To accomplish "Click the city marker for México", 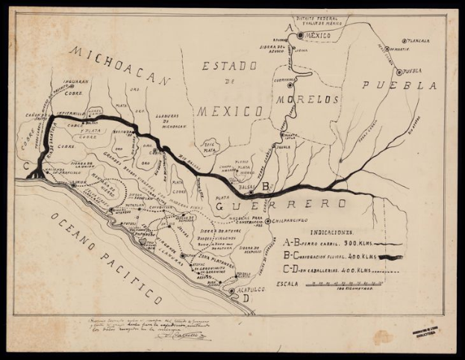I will click(300, 34).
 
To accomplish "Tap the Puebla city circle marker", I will click(399, 72).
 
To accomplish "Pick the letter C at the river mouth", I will click(26, 166).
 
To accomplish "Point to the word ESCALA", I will click(293, 285).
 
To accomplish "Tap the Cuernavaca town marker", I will click(290, 84).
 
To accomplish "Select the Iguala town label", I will click(284, 147).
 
